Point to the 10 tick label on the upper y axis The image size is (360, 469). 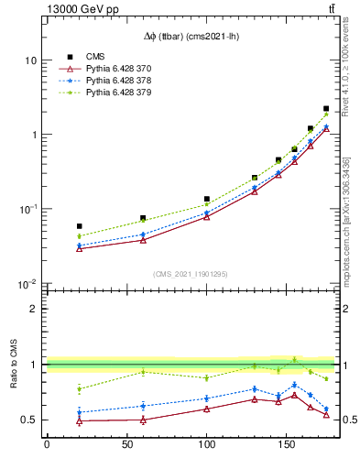pos(30,60)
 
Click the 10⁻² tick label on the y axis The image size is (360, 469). pos(28,284)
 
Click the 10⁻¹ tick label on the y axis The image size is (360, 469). pos(28,210)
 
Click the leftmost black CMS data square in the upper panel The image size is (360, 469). pos(79,226)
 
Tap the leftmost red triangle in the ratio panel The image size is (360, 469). pos(79,421)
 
